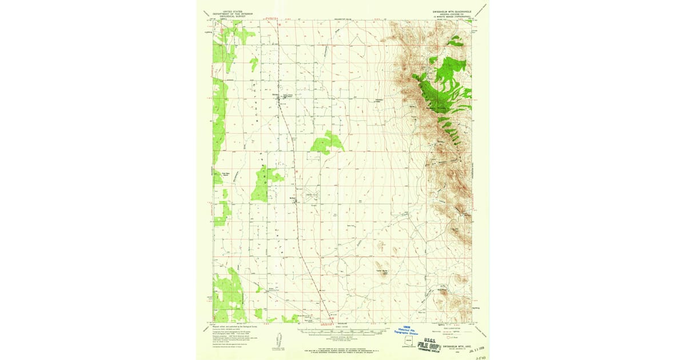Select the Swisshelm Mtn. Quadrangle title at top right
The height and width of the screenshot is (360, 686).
point(452,11)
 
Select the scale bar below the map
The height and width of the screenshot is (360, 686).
point(343,330)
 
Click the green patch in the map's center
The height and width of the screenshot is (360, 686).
point(327,143)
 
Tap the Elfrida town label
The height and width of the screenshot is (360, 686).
point(275,94)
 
